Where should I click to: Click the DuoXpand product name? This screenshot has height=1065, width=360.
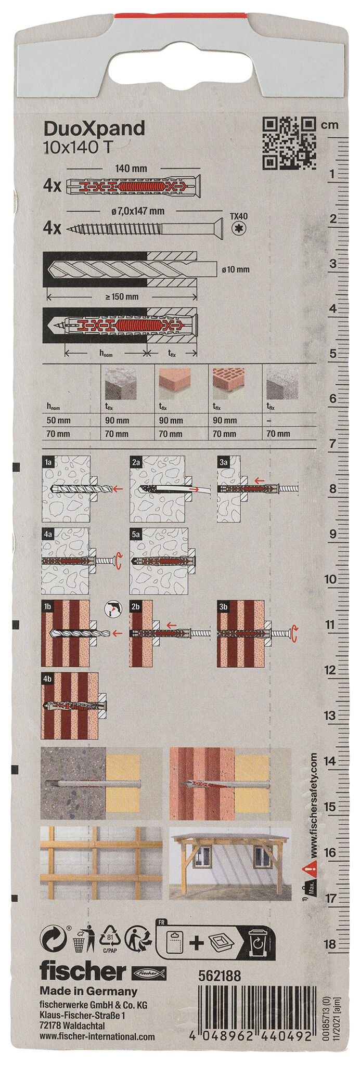94,128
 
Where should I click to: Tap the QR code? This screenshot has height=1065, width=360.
289,144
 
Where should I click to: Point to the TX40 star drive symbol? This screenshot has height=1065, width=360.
240,227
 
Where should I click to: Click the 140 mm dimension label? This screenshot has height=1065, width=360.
131,168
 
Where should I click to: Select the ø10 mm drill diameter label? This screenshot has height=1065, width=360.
235,269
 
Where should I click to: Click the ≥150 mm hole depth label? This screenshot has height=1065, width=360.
121,296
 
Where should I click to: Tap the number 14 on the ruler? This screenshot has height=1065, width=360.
329,761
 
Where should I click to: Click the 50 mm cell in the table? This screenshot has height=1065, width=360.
58,420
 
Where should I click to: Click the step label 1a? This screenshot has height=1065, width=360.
48,461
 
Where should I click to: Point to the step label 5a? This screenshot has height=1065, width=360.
136,534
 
